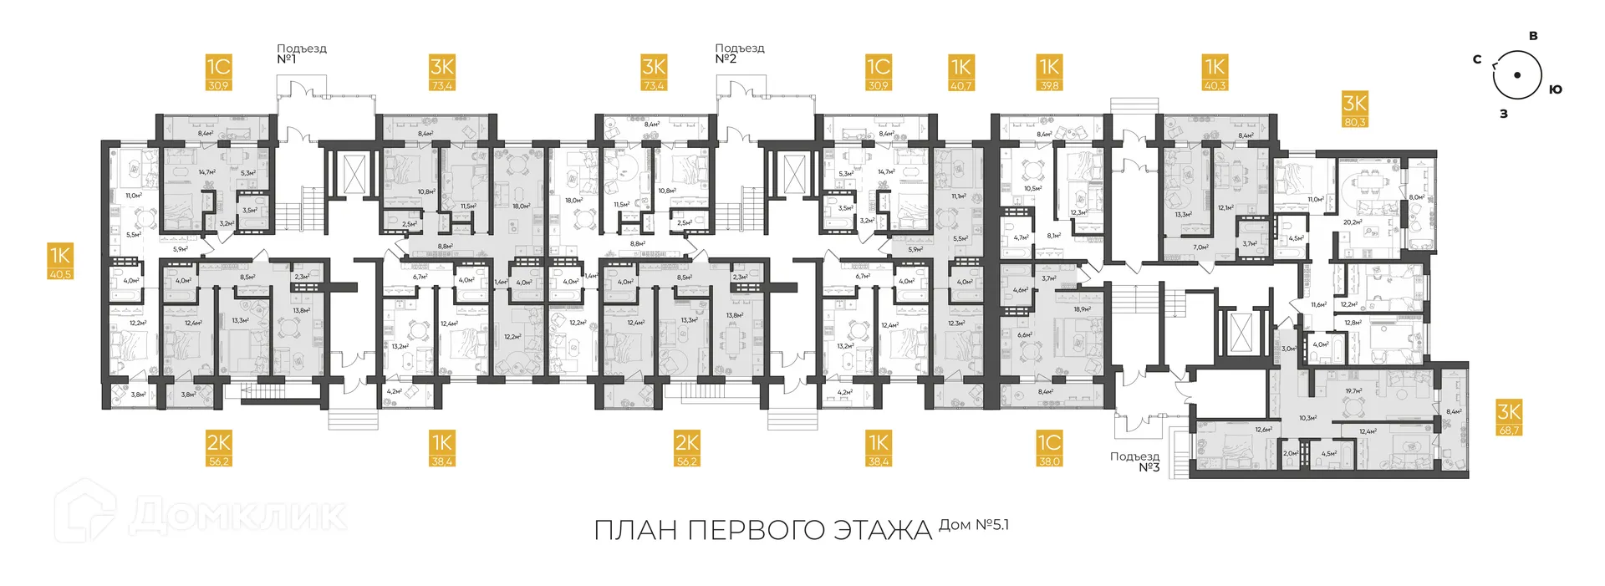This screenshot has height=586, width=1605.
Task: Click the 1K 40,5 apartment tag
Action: tap(60, 261)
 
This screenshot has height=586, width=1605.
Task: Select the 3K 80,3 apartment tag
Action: tap(1354, 110)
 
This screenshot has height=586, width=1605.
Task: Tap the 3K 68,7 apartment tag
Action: tap(1509, 418)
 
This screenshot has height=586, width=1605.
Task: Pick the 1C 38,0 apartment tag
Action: tap(1049, 448)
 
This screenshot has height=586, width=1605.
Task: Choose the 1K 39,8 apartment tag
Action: tap(1049, 73)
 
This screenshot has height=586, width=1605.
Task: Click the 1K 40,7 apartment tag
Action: tap(960, 73)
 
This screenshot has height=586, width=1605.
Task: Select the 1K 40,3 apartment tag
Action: tap(1215, 73)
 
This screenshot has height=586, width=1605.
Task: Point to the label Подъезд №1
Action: tap(301, 54)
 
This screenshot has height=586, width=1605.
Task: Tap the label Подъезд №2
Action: tap(739, 54)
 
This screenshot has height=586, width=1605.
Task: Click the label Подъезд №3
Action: tap(1135, 461)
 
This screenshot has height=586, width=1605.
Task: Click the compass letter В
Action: tap(1533, 36)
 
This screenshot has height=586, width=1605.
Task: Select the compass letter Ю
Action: tap(1555, 89)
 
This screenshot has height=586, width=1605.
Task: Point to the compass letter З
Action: tap(1504, 114)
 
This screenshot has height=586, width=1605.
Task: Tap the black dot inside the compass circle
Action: tap(1517, 75)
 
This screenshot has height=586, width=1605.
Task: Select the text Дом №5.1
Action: tap(974, 525)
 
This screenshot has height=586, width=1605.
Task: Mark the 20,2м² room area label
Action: tap(1353, 222)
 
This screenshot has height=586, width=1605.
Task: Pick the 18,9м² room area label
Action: tap(1081, 308)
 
